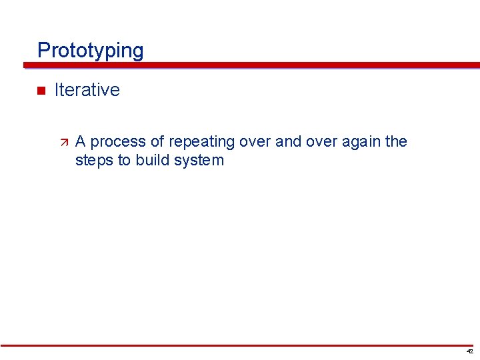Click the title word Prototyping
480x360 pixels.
(x=90, y=51)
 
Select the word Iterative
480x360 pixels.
(x=87, y=90)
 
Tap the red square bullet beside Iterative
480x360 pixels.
(x=40, y=91)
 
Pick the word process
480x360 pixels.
(x=114, y=142)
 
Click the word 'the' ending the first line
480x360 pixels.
(x=397, y=141)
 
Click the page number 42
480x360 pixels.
(x=470, y=351)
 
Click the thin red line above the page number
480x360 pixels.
(x=240, y=345)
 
